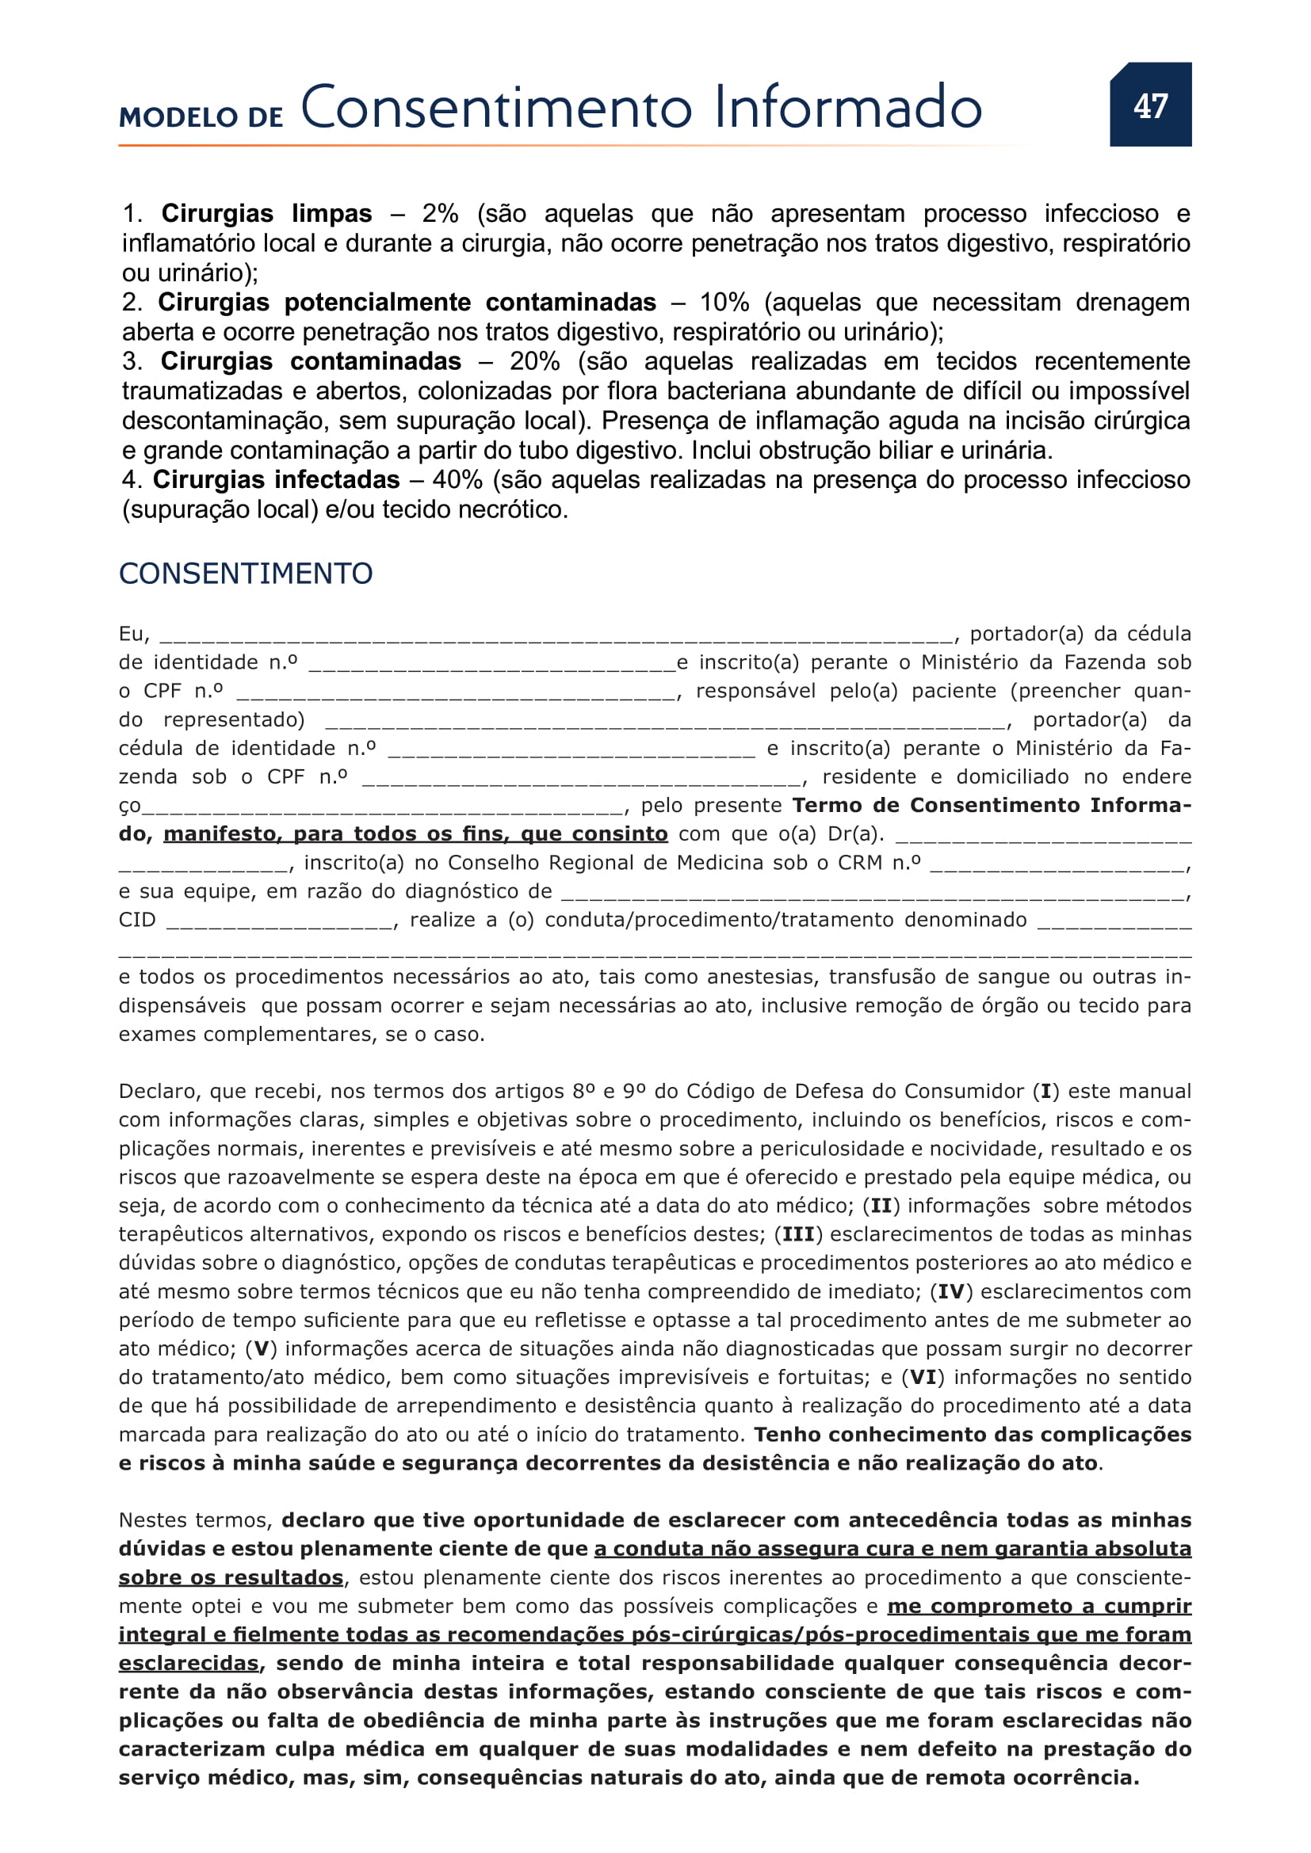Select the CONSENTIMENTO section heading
point(246,573)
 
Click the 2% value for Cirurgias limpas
point(440,214)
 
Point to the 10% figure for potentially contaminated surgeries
point(724,303)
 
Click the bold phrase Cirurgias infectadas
point(276,480)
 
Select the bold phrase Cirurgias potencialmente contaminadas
point(407,303)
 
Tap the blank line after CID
point(279,921)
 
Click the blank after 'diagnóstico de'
point(872,893)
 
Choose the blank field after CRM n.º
point(1057,864)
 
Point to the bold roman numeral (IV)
point(951,1292)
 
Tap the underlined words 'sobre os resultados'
point(231,1578)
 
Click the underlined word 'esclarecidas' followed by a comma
point(188,1664)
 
